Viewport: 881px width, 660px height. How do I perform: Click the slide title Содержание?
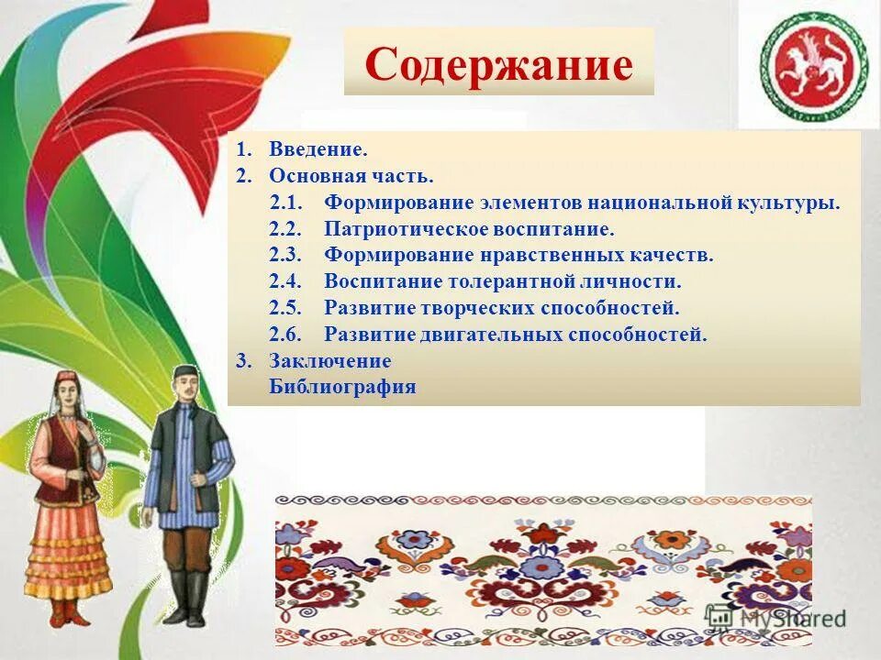pyautogui.click(x=499, y=64)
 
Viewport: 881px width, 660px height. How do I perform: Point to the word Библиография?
pyautogui.click(x=342, y=387)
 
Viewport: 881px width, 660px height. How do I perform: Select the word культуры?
pyautogui.click(x=790, y=202)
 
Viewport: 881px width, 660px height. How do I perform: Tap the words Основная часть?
pyautogui.click(x=351, y=175)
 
